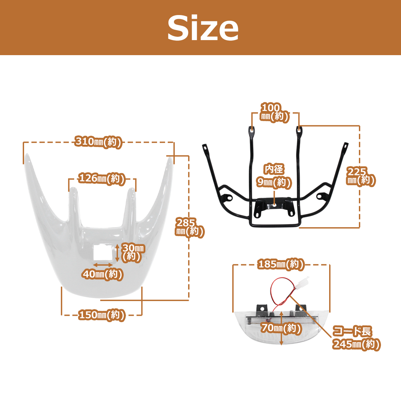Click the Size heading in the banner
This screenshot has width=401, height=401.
203,28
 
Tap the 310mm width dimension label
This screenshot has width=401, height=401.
98,142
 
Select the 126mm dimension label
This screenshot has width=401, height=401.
102,179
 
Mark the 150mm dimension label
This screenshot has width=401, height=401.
102,315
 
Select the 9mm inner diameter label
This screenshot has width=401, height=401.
274,183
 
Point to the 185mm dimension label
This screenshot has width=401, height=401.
281,264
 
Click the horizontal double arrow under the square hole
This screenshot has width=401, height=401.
103,265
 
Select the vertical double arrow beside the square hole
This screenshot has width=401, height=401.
117,253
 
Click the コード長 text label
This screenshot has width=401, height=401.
352,331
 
